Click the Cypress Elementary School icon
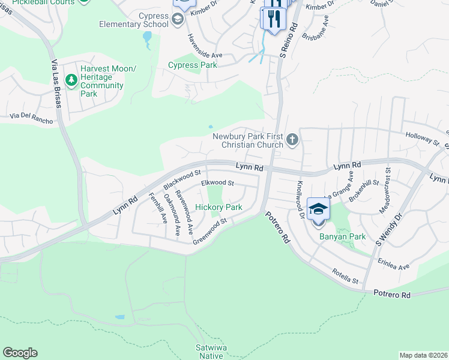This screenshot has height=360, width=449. click(177, 20)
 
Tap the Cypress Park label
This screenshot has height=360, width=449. click(192, 65)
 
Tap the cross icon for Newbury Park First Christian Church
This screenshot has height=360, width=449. click(292, 140)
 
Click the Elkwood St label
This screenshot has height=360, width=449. click(217, 182)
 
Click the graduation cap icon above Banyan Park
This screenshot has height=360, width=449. click(318, 209)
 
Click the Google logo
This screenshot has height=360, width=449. click(20, 353)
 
